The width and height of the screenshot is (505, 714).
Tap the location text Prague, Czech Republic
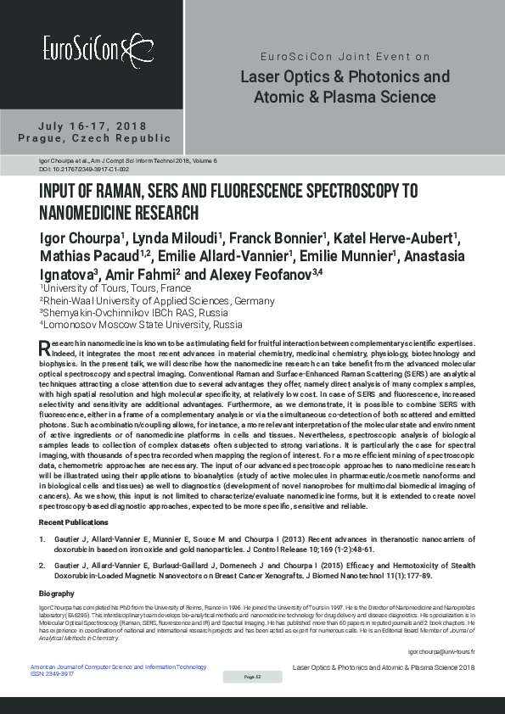[x=93, y=138]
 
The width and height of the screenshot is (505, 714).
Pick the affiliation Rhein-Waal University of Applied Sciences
[x=157, y=300]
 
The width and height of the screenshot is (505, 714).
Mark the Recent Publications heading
[x=75, y=520]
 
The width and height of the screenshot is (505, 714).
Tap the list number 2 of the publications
[x=42, y=563]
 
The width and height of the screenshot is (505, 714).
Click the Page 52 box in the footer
[x=252, y=677]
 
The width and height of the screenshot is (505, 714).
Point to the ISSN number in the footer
[x=53, y=673]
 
